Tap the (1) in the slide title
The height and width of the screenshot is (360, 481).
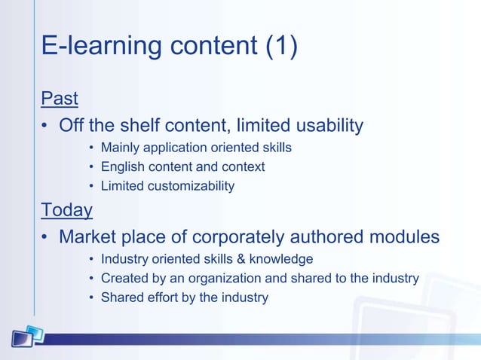point(280,46)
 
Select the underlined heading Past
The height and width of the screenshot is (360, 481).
point(60,98)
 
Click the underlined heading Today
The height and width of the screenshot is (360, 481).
point(67,209)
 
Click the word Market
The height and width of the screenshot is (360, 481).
point(90,236)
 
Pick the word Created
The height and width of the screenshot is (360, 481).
point(124,278)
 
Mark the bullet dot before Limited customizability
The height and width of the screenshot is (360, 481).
point(91,186)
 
